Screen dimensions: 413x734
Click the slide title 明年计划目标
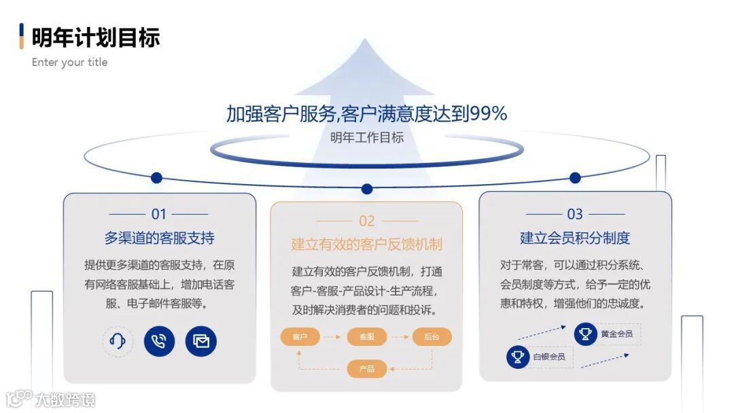95,37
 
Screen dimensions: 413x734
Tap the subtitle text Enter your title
69,62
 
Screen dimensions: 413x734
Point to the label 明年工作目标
367,138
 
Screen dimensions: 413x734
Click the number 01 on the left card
159,214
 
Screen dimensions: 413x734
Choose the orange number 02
367,221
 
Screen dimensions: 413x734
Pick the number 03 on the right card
575,214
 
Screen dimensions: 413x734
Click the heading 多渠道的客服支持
160,238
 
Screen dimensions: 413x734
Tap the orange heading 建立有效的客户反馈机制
367,244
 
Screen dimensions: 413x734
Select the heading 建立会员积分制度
575,238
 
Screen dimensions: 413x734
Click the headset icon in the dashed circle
118,341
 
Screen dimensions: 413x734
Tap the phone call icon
159,341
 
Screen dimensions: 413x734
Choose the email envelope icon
201,341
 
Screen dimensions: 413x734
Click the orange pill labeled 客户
300,337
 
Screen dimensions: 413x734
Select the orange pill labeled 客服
366,337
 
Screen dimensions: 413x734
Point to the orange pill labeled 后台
432,337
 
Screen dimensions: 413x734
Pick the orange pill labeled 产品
366,369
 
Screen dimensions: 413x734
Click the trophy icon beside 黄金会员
585,334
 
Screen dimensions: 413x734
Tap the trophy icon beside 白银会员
518,357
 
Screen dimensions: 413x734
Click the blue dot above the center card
367,189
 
